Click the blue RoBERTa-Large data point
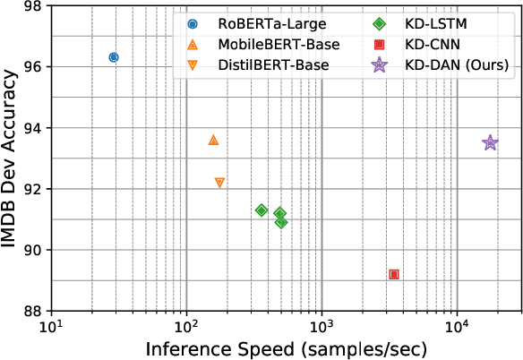[x=114, y=57]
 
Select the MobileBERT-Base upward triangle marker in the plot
[x=213, y=140]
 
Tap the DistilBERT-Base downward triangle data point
[x=219, y=182]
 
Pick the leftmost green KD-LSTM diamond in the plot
[x=261, y=210]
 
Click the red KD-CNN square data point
[x=394, y=274]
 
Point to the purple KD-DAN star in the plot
[x=490, y=143]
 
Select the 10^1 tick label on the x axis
[x=51, y=325]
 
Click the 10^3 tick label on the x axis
[x=322, y=325]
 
